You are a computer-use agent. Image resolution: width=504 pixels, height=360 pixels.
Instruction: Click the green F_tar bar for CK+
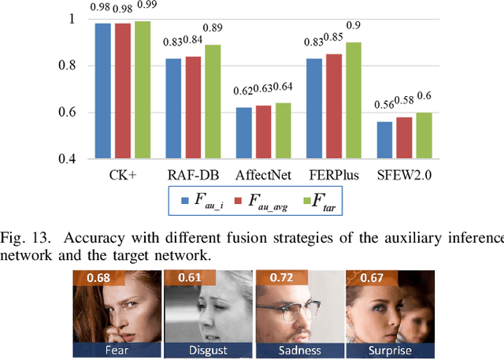point(143,90)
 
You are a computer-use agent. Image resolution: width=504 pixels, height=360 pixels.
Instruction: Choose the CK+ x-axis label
point(121,174)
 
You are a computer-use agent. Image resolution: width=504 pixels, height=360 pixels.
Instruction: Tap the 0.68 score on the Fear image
point(98,278)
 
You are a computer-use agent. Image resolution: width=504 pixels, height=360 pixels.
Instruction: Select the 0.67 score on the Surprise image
point(372,278)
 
